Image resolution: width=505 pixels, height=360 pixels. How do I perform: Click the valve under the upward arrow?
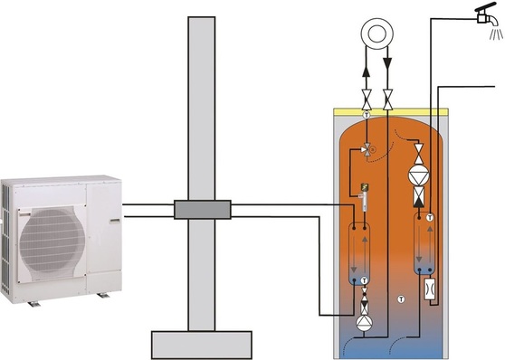tap(366, 98)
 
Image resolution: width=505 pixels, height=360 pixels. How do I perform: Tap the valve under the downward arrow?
tap(387, 98)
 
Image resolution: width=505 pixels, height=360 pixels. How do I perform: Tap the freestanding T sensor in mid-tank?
tap(399, 298)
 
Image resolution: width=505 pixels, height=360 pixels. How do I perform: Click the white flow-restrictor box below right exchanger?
tap(429, 291)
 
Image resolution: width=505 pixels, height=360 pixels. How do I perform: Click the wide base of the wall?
tap(200, 345)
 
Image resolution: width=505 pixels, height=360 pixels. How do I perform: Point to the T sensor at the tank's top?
tap(366, 116)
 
